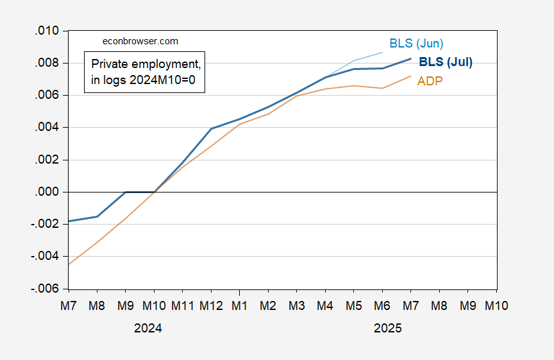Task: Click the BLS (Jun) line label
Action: [x=416, y=44]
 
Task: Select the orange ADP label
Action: [x=430, y=81]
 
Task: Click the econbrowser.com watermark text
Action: [x=140, y=40]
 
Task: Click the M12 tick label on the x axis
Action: [x=211, y=306]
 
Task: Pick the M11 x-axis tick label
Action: [x=182, y=306]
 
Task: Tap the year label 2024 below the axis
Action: [x=148, y=328]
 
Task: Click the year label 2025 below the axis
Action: [x=387, y=328]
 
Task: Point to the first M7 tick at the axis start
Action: [x=69, y=306]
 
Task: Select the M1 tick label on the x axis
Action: [x=240, y=306]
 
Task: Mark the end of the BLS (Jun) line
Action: [x=383, y=52]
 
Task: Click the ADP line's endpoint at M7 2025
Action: [x=411, y=76]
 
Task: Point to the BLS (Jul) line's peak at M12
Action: [x=211, y=128]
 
